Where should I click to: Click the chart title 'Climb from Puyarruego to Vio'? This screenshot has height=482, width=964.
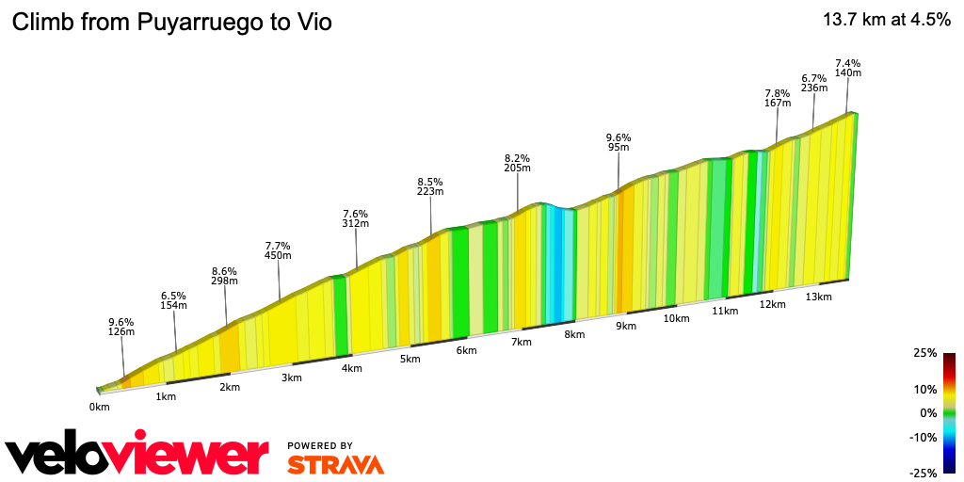(x=170, y=23)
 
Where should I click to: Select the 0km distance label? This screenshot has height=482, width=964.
(x=100, y=407)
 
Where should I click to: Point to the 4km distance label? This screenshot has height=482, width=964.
(x=352, y=368)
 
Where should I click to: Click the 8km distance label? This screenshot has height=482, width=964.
(x=574, y=334)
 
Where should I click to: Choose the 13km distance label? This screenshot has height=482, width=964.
(x=818, y=297)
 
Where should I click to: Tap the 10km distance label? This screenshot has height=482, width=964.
(x=677, y=319)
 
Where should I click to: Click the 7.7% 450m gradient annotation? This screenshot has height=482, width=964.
(x=278, y=250)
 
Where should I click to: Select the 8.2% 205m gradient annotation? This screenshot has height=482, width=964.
(x=517, y=163)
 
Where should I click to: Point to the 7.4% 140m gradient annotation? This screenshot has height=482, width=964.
(x=848, y=68)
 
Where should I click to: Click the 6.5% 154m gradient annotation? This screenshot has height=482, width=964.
(x=173, y=300)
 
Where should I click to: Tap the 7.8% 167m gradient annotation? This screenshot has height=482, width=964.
(x=777, y=98)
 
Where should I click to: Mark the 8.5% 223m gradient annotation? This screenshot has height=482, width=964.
(x=430, y=185)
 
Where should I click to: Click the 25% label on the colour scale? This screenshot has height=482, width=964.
(x=924, y=353)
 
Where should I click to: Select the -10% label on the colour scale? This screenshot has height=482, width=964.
(x=924, y=437)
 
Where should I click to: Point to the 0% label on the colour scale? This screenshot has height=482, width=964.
(x=928, y=412)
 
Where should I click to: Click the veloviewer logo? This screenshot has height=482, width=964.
(x=137, y=455)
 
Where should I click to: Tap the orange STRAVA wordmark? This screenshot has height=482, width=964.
(x=335, y=464)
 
